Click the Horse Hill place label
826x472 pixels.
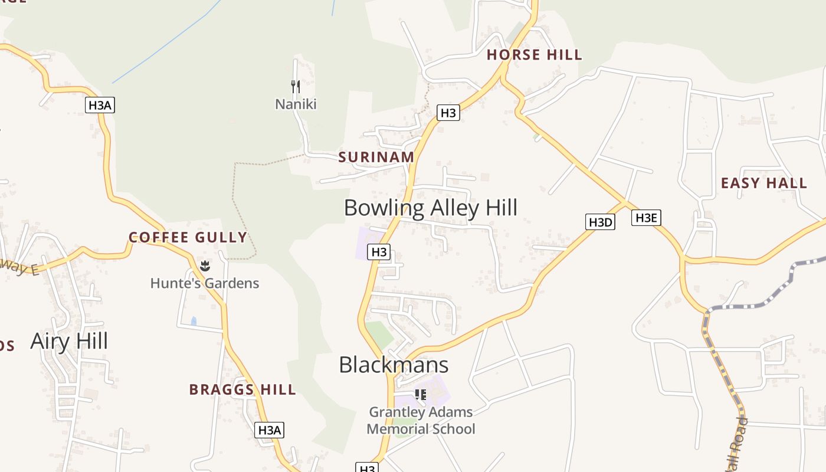click(x=534, y=55)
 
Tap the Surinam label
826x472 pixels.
click(x=376, y=157)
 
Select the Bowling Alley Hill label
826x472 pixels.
click(x=430, y=208)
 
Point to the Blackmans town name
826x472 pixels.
click(x=394, y=365)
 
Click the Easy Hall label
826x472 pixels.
click(x=763, y=183)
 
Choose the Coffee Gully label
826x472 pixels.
click(x=188, y=237)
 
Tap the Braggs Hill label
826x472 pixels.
click(x=242, y=389)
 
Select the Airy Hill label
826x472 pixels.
click(x=69, y=341)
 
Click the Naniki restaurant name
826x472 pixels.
click(x=296, y=104)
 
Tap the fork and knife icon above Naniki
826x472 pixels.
click(x=296, y=86)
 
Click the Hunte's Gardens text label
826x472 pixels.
click(x=204, y=283)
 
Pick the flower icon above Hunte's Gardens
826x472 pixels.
click(x=205, y=266)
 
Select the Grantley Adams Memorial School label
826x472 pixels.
click(x=421, y=420)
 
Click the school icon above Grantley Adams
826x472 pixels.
click(x=421, y=394)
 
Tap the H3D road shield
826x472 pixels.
click(x=601, y=222)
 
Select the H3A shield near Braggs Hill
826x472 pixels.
click(x=270, y=430)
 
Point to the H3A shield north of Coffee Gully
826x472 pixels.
click(x=100, y=106)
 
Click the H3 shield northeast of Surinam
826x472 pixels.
click(x=448, y=112)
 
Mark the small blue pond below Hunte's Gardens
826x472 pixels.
click(x=194, y=322)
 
